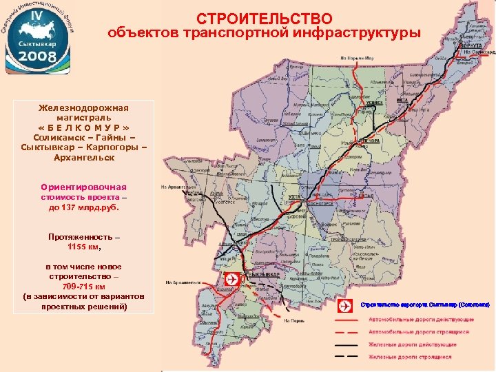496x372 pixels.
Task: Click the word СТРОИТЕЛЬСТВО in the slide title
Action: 264,18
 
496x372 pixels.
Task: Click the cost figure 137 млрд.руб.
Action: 84,207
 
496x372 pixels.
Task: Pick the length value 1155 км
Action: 83,246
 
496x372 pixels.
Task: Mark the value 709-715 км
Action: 84,286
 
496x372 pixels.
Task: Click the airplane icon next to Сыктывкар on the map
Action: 231,279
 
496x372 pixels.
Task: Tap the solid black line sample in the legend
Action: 346,344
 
